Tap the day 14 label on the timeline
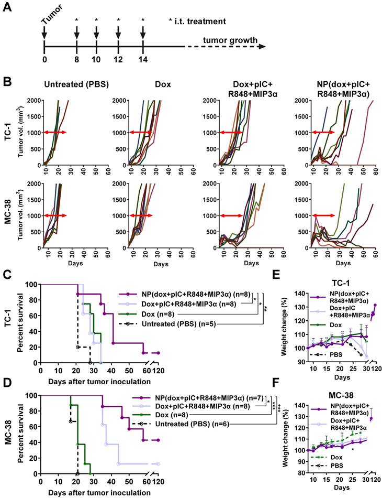[143, 59]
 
